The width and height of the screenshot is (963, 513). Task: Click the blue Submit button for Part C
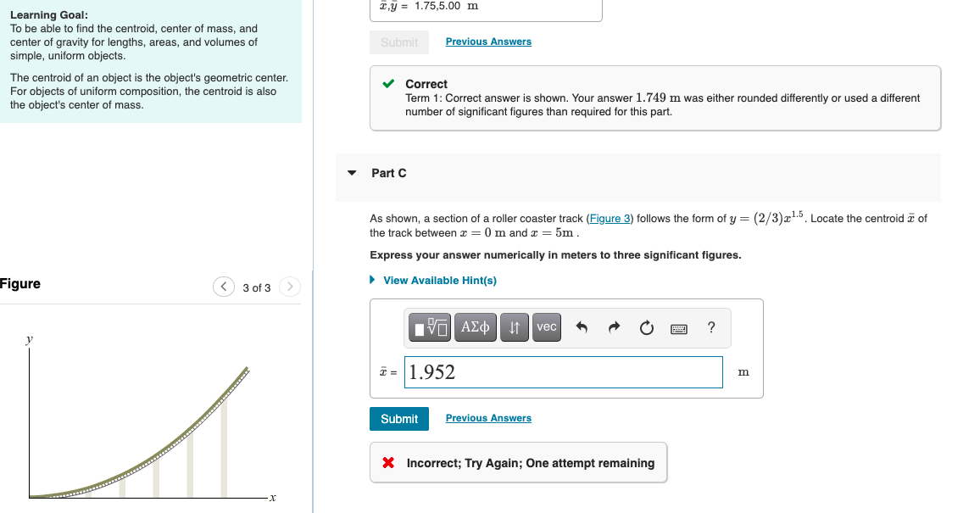[x=399, y=419]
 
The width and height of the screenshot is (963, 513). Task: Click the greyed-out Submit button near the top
[x=399, y=42]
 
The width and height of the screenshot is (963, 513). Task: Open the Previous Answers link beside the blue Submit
[x=488, y=418]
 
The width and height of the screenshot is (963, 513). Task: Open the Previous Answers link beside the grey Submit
[x=488, y=42]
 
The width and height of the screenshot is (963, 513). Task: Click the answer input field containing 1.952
[x=563, y=372]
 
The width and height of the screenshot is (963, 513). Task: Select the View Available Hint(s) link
[x=439, y=281]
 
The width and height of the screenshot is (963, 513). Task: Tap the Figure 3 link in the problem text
[x=610, y=219]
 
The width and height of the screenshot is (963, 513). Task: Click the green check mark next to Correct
[x=388, y=84]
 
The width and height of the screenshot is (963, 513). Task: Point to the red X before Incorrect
[x=388, y=463]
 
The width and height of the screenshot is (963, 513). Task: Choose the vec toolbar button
[x=547, y=327]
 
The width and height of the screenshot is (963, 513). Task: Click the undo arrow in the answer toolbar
[x=582, y=327]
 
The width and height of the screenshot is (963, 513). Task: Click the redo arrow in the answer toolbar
[x=615, y=327]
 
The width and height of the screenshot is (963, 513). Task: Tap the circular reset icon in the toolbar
[x=647, y=327]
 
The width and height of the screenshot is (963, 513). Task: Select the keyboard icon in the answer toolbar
[x=679, y=327]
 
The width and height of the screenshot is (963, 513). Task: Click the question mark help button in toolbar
[x=711, y=327]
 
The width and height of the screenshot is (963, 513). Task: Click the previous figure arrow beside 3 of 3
[x=223, y=287]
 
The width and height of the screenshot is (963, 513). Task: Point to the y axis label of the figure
[x=30, y=338]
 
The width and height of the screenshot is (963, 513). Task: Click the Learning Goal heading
[x=48, y=15]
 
